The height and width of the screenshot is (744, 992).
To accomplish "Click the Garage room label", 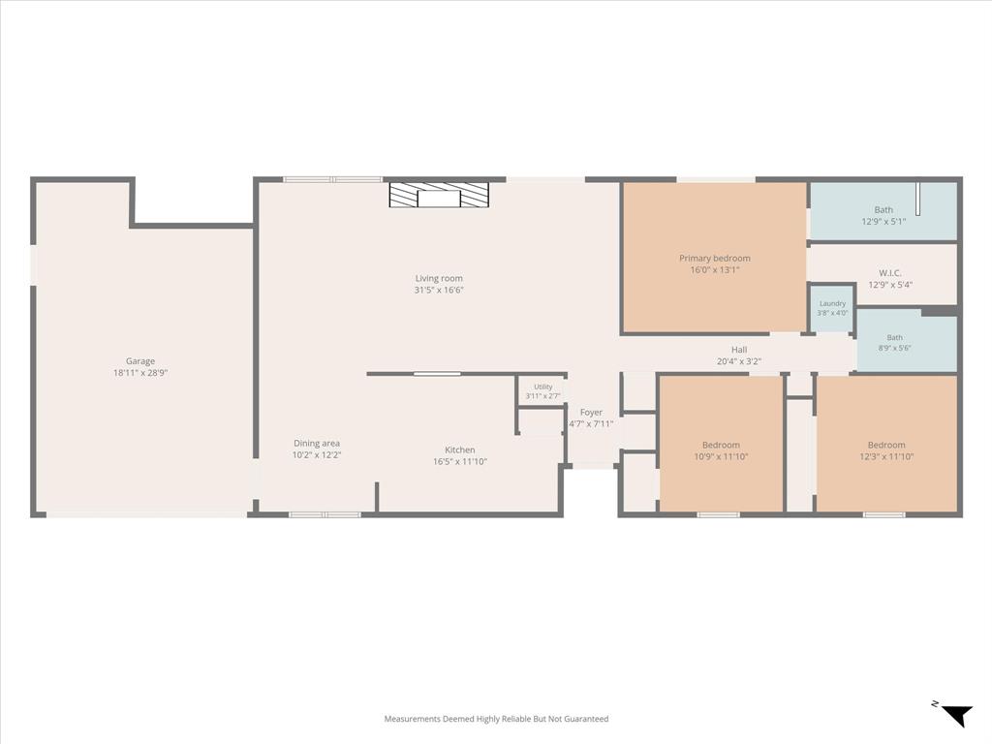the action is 140,361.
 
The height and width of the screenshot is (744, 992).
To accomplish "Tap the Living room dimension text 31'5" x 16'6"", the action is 439,291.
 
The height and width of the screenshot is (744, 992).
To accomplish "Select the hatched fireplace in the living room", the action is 439,196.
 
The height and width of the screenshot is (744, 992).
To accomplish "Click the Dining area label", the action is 317,444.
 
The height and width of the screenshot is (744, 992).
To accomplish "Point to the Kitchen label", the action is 460,449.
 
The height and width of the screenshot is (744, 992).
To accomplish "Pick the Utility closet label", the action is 543,387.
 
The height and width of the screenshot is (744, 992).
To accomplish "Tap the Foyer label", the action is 592,413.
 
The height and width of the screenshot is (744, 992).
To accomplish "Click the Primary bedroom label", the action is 715,258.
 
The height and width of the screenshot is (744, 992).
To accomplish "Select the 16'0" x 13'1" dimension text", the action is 715,270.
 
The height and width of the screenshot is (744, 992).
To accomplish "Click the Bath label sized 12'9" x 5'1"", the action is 883,210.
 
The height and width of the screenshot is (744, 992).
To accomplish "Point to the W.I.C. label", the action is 890,273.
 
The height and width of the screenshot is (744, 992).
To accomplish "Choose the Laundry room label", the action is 832,303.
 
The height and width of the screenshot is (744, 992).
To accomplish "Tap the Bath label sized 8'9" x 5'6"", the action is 894,338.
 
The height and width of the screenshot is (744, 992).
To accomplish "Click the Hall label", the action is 739,350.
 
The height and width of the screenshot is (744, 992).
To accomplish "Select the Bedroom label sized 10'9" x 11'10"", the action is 721,445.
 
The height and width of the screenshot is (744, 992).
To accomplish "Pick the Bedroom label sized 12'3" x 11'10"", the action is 886,445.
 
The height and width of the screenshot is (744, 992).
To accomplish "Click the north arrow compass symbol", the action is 954,714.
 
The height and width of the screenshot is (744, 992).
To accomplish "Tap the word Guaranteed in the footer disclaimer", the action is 588,719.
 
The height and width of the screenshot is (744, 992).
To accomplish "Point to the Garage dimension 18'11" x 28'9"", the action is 140,373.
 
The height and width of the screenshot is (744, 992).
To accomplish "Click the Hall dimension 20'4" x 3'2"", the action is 739,362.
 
